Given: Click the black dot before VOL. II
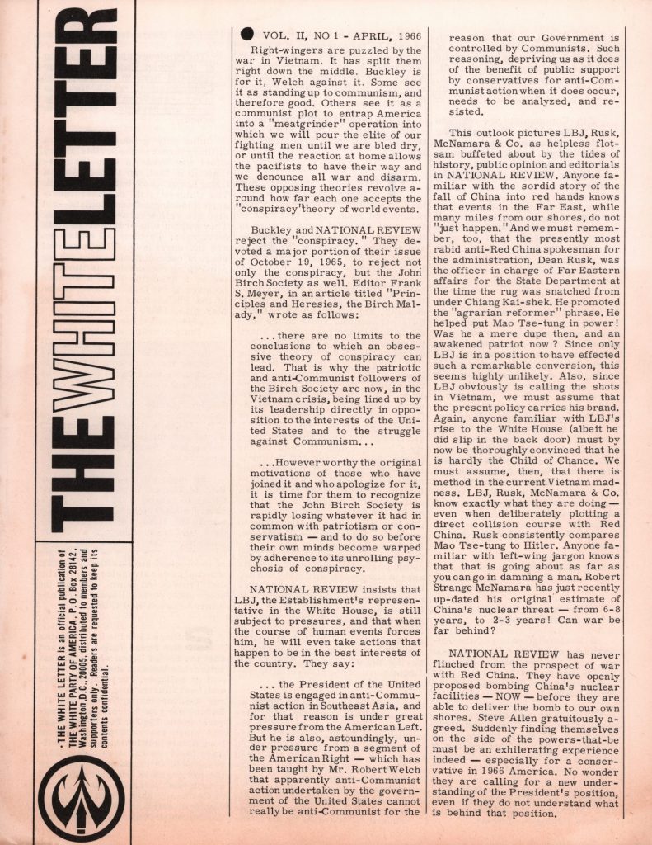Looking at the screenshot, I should pos(245,35).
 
